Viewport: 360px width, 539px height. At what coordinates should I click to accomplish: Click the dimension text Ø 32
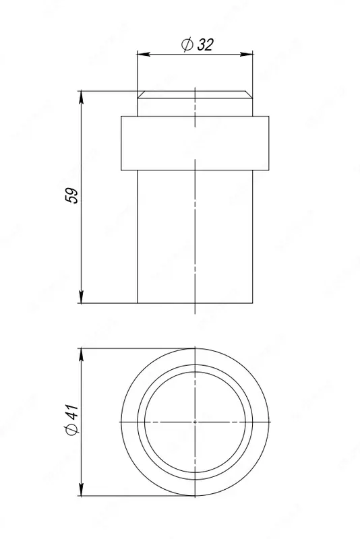point(198,44)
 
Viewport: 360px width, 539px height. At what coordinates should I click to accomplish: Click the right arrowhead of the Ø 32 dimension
point(251,55)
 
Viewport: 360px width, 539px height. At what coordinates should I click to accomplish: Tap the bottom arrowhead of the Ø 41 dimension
point(82,490)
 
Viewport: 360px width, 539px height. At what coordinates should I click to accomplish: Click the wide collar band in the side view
point(194,142)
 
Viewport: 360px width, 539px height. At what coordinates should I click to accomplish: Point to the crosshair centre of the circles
point(194,421)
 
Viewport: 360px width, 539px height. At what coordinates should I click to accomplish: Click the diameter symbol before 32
point(187,44)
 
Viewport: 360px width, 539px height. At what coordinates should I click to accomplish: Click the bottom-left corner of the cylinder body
point(137,303)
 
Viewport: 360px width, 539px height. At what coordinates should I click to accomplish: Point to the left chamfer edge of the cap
point(139,95)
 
